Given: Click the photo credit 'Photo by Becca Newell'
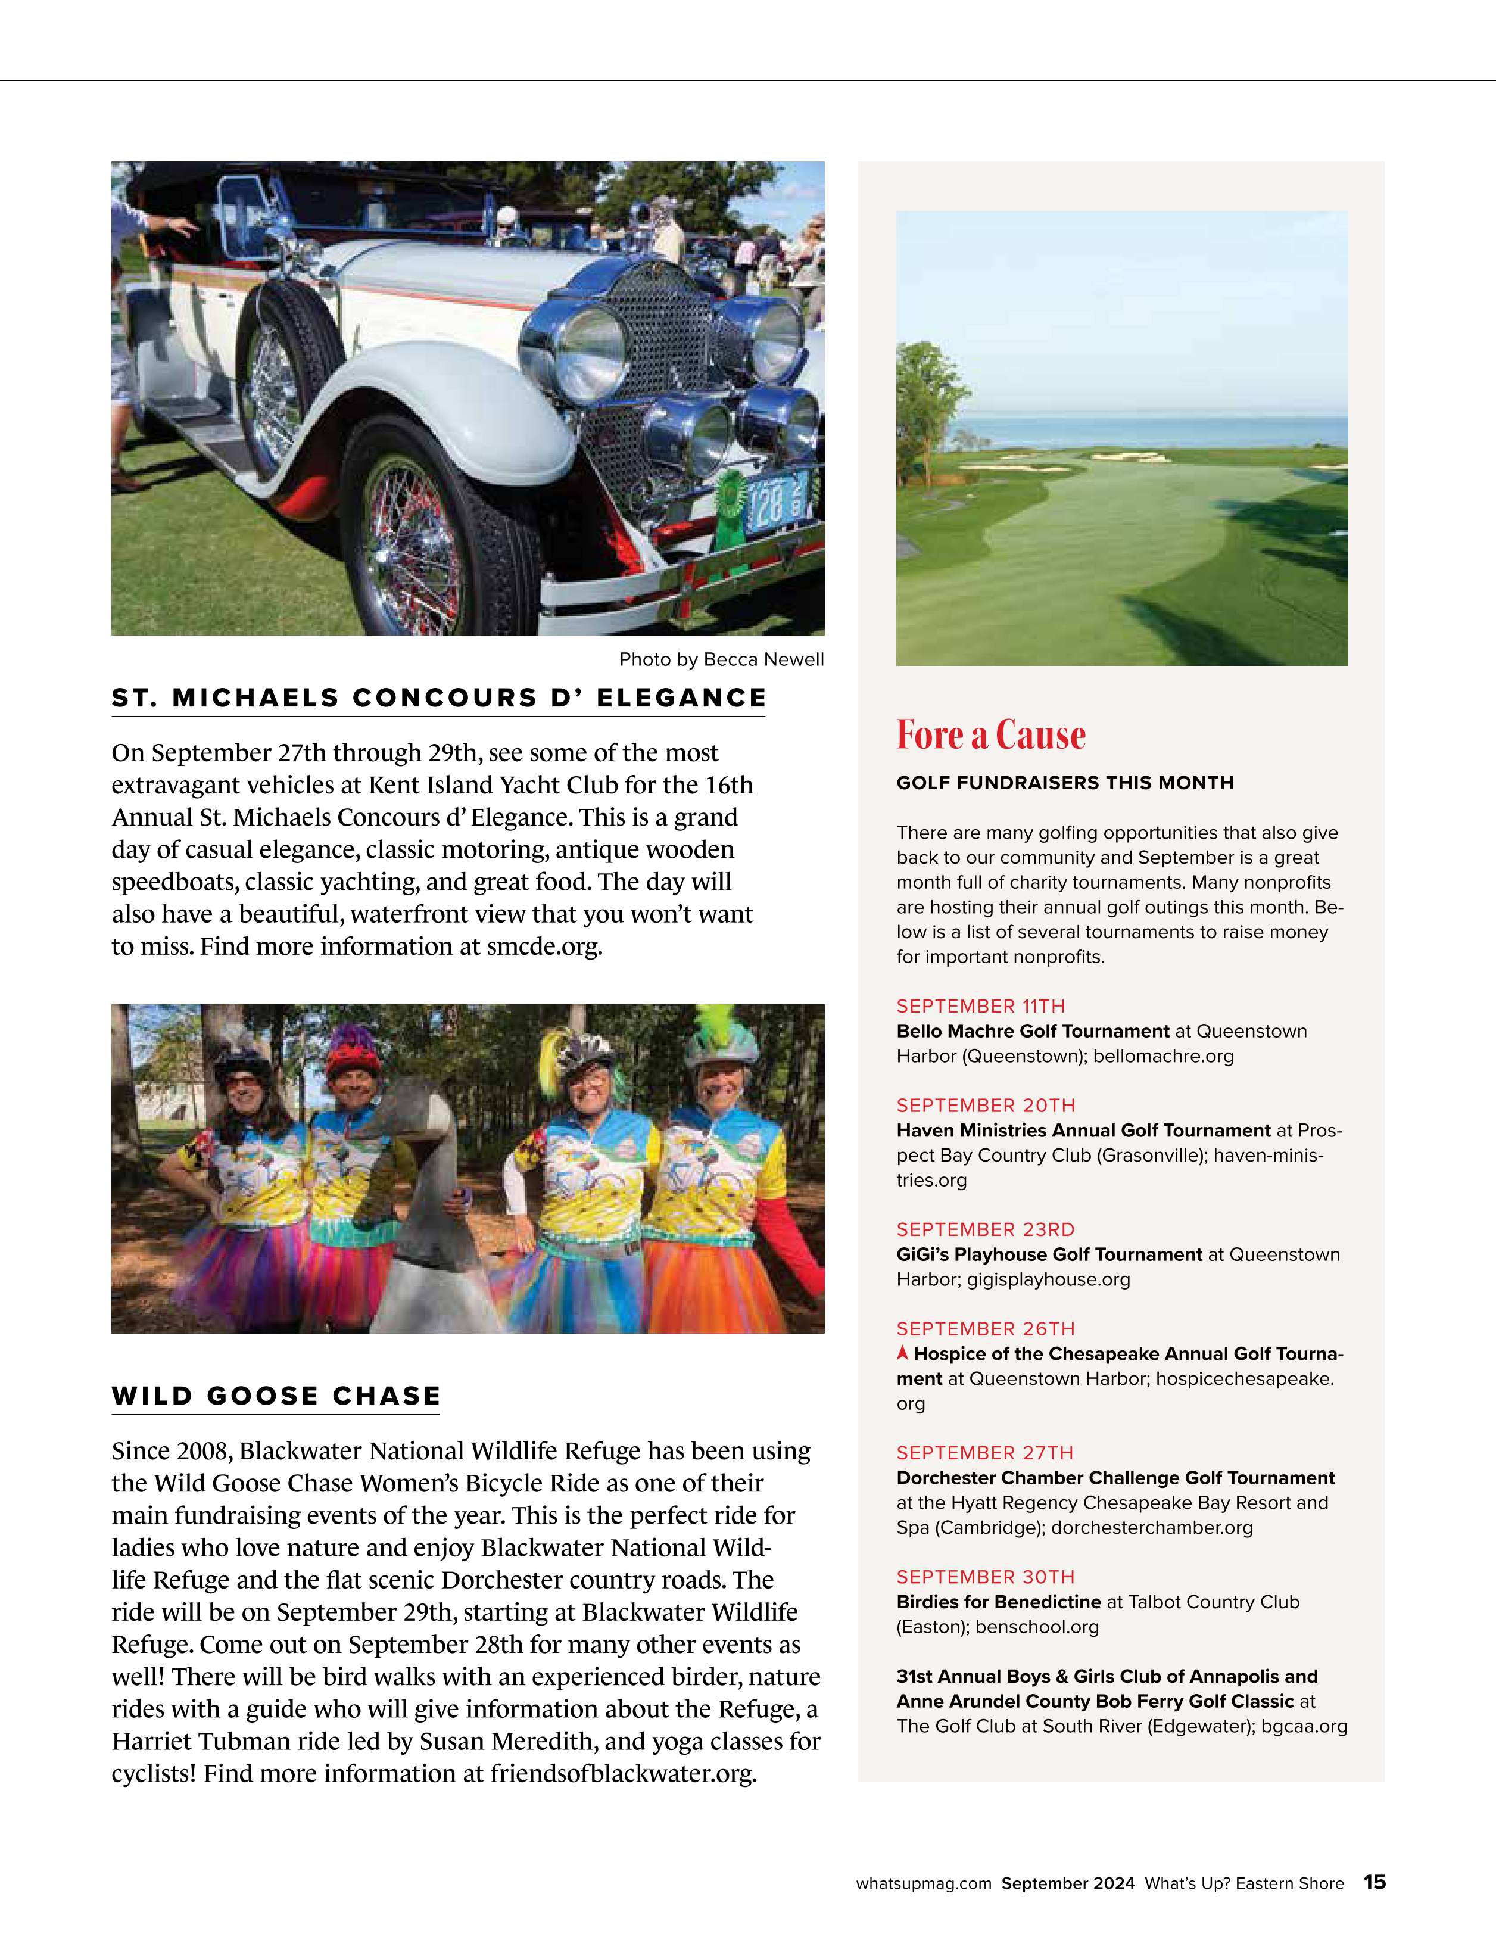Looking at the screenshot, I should click(721, 659).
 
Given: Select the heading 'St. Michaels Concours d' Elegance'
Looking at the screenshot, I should click(438, 698).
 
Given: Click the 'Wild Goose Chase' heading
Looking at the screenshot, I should click(276, 1396).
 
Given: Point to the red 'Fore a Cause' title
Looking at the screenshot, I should click(991, 735).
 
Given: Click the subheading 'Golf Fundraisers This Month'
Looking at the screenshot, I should click(1065, 783).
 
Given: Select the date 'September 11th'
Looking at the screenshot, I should click(980, 1006).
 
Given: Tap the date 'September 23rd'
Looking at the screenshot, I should click(986, 1229).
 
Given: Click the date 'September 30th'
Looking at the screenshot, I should click(986, 1577).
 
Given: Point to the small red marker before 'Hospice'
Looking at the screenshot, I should click(903, 1354).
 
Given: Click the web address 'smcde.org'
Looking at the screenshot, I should click(543, 946).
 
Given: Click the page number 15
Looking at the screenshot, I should click(1374, 1882).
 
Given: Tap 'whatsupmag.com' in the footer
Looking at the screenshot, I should click(923, 1883).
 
